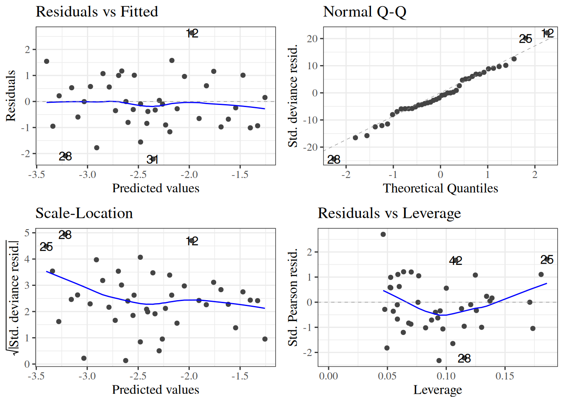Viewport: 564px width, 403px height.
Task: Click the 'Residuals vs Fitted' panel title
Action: click(x=97, y=12)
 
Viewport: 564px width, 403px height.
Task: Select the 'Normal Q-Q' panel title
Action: click(x=365, y=12)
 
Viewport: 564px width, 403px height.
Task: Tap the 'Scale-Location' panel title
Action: click(x=84, y=213)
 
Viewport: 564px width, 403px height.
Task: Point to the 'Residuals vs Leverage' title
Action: click(x=389, y=213)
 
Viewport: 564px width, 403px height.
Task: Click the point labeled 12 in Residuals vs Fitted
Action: click(x=192, y=33)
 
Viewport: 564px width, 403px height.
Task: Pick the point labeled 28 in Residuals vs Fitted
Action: click(x=65, y=156)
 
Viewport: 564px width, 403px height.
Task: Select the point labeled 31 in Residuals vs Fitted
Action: click(x=154, y=159)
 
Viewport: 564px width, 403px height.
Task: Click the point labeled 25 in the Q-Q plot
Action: click(x=525, y=38)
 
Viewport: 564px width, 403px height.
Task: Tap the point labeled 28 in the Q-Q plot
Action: click(x=334, y=159)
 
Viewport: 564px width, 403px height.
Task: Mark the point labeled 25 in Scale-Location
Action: click(x=46, y=246)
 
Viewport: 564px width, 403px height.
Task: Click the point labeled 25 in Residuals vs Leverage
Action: click(x=546, y=259)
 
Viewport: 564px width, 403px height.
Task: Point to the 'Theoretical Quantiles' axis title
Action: click(x=440, y=188)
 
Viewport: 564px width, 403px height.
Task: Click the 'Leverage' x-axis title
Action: click(x=438, y=390)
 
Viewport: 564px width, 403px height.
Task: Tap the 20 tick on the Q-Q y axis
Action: click(x=312, y=39)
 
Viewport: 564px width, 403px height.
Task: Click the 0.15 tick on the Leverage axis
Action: click(x=505, y=376)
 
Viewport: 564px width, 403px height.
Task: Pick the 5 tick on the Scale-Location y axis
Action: click(x=27, y=233)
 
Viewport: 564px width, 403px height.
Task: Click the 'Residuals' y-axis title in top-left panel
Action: click(x=11, y=96)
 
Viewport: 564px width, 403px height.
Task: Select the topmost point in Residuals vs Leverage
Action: click(x=383, y=234)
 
